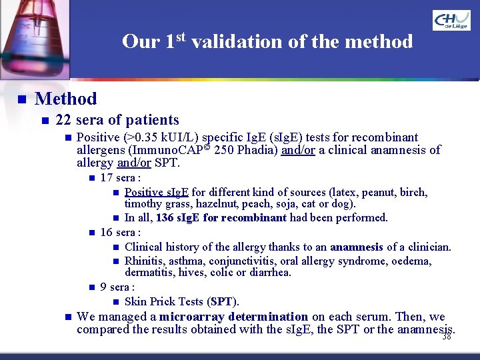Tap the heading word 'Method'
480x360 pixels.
pyautogui.click(x=65, y=99)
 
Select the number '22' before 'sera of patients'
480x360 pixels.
pyautogui.click(x=64, y=121)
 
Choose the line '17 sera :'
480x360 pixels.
pyautogui.click(x=120, y=178)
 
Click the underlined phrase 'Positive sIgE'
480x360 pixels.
pyautogui.click(x=157, y=193)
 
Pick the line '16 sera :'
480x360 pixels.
pyautogui.click(x=120, y=233)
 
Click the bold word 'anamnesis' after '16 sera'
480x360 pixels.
pyautogui.click(x=356, y=247)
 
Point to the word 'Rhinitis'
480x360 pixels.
pyautogui.click(x=145, y=261)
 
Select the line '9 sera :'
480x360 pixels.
pyautogui.click(x=117, y=287)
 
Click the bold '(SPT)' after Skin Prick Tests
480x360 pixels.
pyautogui.click(x=223, y=302)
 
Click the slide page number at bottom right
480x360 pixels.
pyautogui.click(x=446, y=337)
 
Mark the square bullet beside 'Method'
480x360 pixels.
pyautogui.click(x=21, y=99)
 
